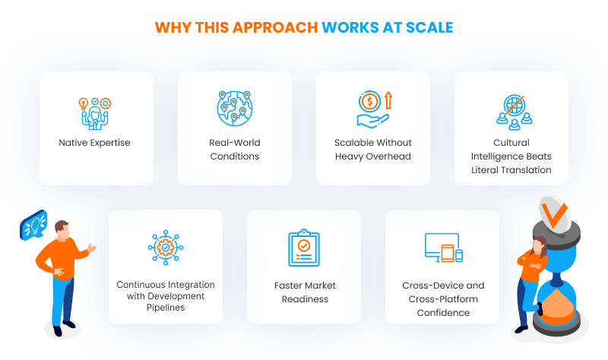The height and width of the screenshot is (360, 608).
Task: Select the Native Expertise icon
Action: [96, 112]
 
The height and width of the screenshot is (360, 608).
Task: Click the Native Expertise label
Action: [96, 143]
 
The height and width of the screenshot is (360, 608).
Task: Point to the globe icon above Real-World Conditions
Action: [234, 109]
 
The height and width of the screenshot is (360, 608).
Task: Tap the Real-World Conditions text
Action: [234, 150]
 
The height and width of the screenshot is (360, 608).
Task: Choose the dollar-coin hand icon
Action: [372, 109]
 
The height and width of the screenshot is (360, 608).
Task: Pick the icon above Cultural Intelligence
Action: [511, 111]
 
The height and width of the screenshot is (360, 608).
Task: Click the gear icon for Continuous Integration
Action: [166, 248]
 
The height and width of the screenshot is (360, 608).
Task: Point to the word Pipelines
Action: [165, 308]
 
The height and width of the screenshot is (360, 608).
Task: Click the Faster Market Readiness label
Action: [304, 292]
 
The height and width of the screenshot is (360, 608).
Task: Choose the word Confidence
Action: [442, 312]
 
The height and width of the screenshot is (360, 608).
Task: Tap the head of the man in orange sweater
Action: [62, 229]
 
